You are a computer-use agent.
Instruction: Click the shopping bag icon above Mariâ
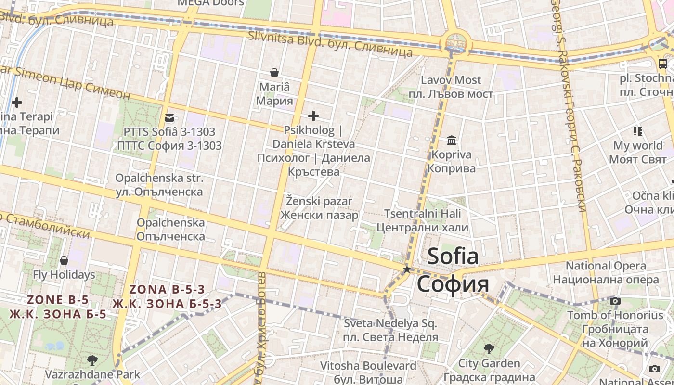pyautogui.click(x=274, y=73)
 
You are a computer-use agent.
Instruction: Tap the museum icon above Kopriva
pyautogui.click(x=452, y=140)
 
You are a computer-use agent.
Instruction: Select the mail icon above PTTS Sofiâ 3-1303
pyautogui.click(x=169, y=117)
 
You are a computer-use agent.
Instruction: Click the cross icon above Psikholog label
pyautogui.click(x=313, y=116)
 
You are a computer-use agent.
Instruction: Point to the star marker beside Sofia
pyautogui.click(x=407, y=269)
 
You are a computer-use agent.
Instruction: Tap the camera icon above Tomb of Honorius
pyautogui.click(x=615, y=301)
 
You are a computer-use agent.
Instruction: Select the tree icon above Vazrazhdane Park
pyautogui.click(x=92, y=360)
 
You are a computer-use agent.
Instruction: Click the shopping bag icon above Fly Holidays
pyautogui.click(x=64, y=260)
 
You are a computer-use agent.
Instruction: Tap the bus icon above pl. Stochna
pyautogui.click(x=662, y=64)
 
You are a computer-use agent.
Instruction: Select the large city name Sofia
pyautogui.click(x=453, y=256)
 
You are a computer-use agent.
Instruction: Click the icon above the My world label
pyautogui.click(x=638, y=131)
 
